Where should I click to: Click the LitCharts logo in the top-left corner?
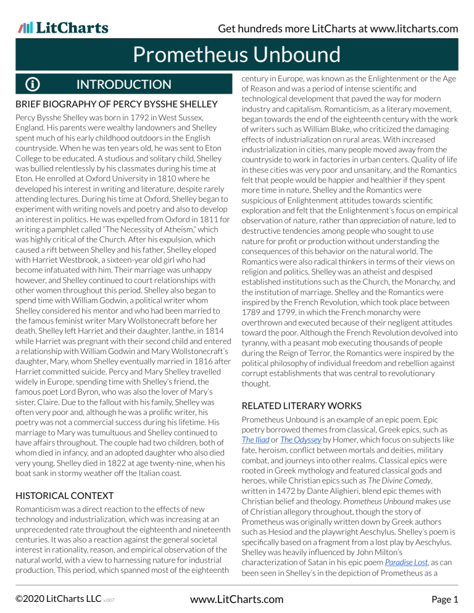coord(63,28)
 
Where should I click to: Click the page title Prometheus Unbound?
coord(237,55)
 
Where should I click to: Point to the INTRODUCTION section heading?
coord(123,85)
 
